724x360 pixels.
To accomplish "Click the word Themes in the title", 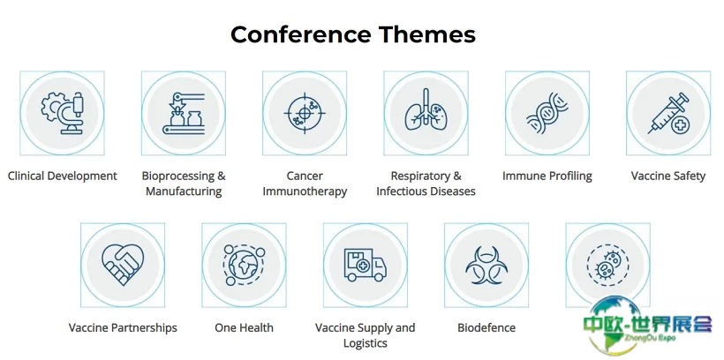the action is (x=427, y=34).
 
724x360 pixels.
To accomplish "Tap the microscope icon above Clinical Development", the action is (x=63, y=113).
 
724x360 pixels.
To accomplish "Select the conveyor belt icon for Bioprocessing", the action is (x=184, y=113).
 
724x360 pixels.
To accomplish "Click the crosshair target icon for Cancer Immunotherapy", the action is (x=305, y=113).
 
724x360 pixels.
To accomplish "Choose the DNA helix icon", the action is (x=547, y=113).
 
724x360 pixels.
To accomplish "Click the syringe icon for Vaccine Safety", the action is (x=668, y=114).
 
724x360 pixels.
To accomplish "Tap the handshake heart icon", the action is (x=123, y=265).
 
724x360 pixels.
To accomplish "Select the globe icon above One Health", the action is (x=244, y=266).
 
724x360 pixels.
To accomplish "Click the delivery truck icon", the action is (x=366, y=265).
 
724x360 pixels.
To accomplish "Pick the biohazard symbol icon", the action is (x=486, y=266).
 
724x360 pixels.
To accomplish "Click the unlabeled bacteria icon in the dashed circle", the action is (x=607, y=266).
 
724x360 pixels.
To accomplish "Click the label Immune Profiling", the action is (x=547, y=176).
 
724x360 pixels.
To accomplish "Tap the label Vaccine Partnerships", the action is (x=123, y=327).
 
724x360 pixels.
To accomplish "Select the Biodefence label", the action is (x=486, y=327).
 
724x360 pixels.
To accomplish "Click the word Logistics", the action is (x=366, y=343).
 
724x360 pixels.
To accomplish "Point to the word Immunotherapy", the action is (x=305, y=191).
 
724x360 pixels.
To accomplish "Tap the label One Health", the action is (x=244, y=327).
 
